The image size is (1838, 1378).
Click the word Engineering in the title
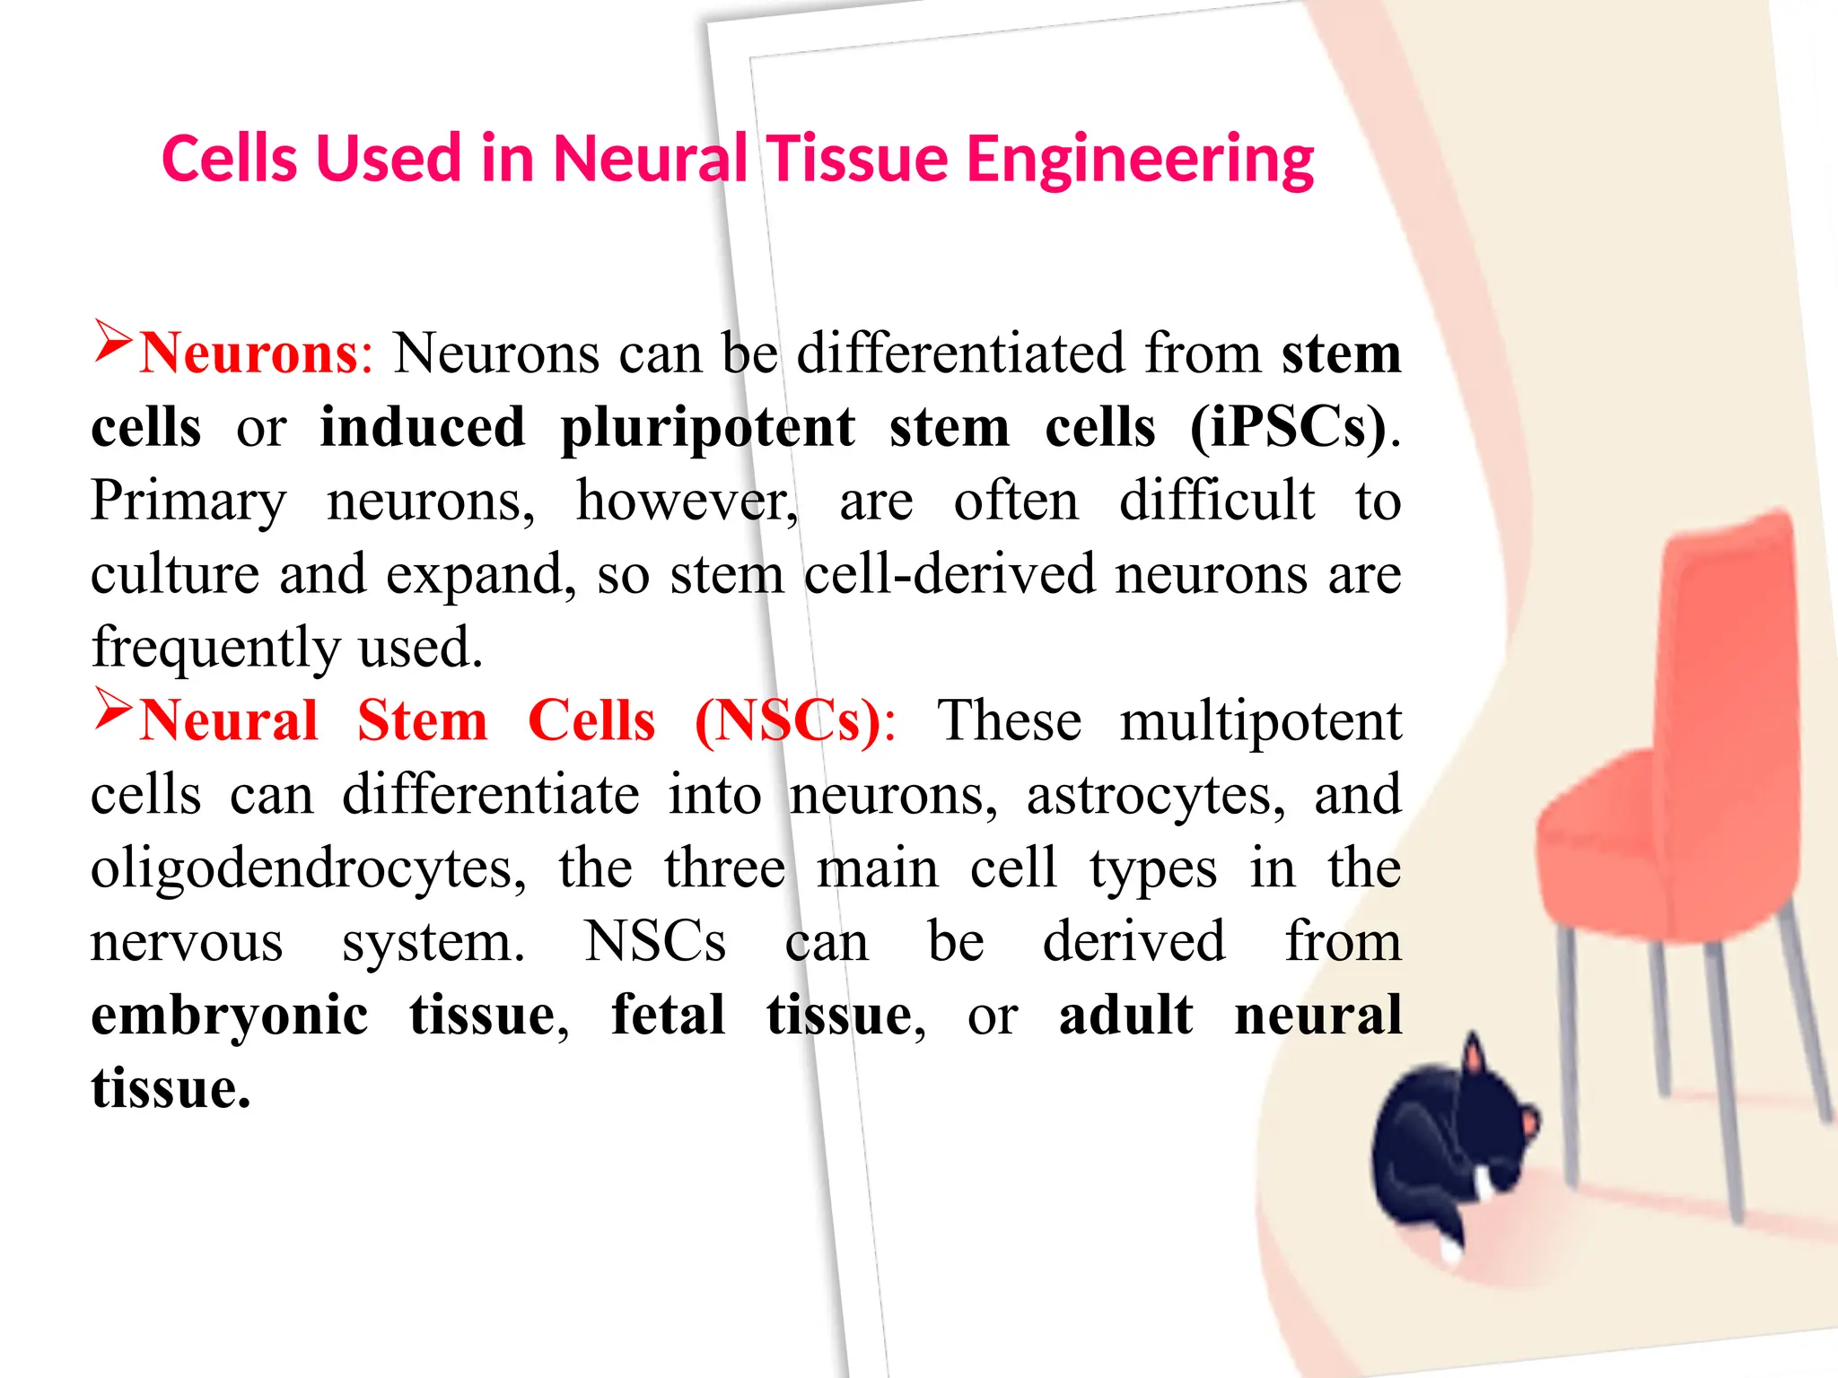tap(1140, 160)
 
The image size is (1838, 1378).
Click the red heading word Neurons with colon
tap(256, 353)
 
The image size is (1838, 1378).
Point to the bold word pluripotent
tap(707, 427)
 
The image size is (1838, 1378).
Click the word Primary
tap(188, 501)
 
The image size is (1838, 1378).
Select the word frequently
tap(215, 648)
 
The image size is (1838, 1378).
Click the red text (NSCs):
tap(795, 721)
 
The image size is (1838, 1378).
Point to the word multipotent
tap(1260, 721)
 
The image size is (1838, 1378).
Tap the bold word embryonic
tap(230, 1016)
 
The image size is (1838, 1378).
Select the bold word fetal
tap(668, 1016)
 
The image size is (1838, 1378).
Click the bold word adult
tap(1125, 1016)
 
